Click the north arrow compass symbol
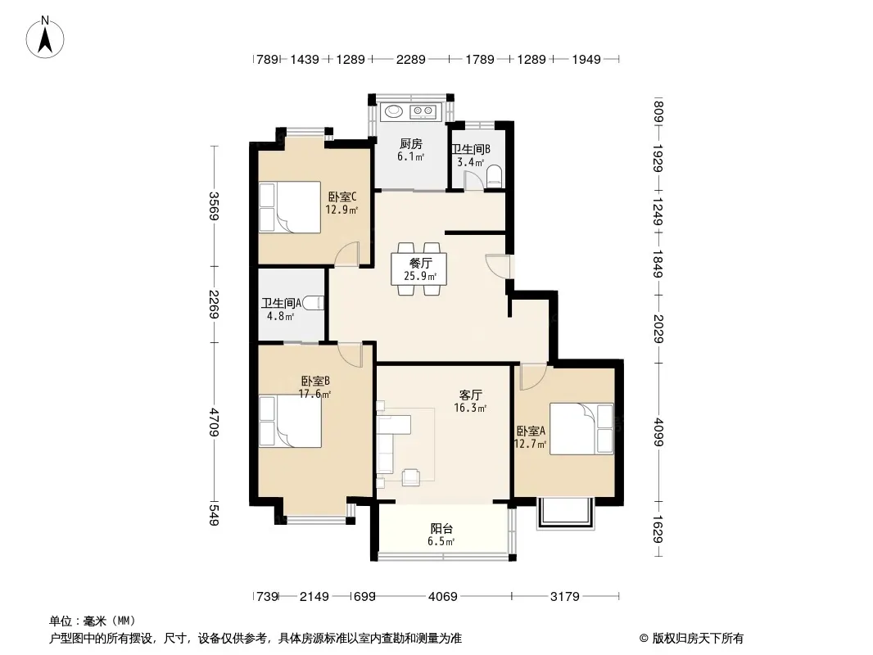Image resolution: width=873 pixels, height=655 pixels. [44, 37]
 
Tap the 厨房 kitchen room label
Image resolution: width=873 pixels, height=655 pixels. [411, 144]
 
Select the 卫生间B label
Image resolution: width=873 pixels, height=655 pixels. [470, 149]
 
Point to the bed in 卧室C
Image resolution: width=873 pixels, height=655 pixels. [290, 207]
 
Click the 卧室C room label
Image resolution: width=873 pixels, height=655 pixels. [342, 197]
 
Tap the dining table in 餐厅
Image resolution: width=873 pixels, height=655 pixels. [418, 269]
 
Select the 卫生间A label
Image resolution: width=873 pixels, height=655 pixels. [281, 303]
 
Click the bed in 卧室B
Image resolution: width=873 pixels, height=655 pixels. [290, 422]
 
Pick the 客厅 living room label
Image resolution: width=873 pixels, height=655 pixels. [470, 395]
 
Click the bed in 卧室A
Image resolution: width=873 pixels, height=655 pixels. [581, 428]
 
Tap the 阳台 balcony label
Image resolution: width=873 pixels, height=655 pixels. [441, 529]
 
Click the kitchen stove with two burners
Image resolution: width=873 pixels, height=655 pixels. [423, 112]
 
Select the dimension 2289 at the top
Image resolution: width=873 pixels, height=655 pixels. [411, 59]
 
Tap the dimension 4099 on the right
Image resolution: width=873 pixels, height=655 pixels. [658, 431]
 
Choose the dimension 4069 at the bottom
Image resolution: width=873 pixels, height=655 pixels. [442, 597]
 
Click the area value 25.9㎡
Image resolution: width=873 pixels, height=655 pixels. [420, 276]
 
